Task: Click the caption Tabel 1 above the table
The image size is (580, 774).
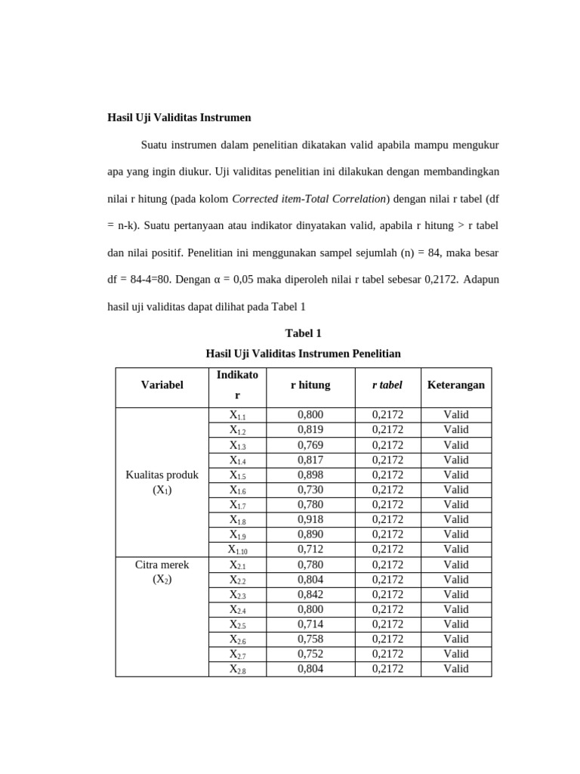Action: (303, 333)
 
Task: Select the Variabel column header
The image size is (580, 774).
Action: (162, 385)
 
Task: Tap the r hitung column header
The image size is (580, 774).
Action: (310, 385)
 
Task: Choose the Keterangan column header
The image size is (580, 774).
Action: (455, 385)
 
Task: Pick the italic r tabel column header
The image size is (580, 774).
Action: (387, 385)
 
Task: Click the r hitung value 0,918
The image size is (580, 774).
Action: (310, 519)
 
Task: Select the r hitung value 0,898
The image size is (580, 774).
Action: (310, 475)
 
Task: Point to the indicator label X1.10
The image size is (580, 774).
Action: (237, 550)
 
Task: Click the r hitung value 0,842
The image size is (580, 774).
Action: (310, 594)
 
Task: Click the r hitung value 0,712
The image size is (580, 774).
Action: (310, 549)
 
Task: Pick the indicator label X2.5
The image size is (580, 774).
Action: (237, 624)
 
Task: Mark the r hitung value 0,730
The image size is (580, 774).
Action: (310, 490)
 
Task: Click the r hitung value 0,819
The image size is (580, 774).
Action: (310, 429)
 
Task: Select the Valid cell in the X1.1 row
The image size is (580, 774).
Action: (455, 414)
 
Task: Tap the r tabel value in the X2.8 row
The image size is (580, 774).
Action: (387, 669)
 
